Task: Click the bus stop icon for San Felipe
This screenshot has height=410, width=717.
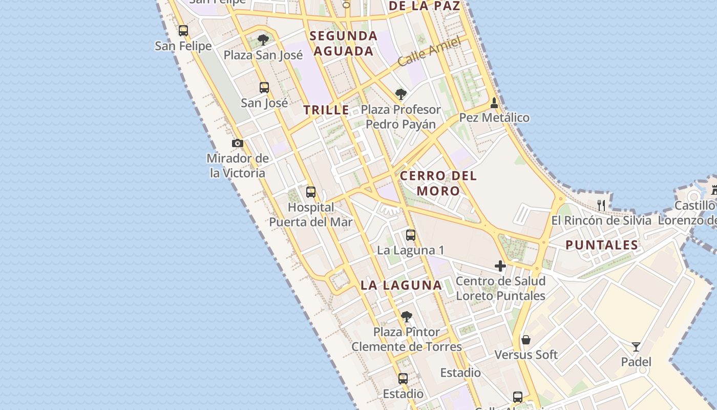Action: [183, 31]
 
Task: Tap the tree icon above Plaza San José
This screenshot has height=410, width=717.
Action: [263, 39]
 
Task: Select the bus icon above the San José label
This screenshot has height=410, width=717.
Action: [264, 88]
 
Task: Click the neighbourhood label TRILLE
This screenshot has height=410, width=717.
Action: [326, 110]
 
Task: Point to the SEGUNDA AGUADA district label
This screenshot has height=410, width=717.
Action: [344, 44]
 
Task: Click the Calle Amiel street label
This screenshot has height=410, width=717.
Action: [429, 52]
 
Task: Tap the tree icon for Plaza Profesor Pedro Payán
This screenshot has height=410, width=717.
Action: [401, 94]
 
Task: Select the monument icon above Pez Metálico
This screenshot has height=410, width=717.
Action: [494, 103]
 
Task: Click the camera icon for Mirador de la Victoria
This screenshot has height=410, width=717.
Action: [237, 143]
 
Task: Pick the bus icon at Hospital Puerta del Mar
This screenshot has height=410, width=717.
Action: [311, 192]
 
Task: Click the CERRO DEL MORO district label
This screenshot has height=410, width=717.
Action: [438, 183]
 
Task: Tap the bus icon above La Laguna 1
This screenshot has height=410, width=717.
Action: [411, 235]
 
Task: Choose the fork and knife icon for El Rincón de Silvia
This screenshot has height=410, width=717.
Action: [601, 206]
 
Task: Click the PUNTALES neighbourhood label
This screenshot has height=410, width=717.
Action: [602, 245]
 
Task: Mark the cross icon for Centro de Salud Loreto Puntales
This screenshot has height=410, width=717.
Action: [500, 266]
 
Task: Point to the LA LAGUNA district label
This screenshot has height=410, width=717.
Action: [401, 285]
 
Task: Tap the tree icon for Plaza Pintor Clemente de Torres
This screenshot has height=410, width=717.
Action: [407, 317]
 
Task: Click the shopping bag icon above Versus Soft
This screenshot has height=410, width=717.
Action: [526, 340]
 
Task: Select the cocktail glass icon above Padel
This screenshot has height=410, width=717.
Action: [636, 347]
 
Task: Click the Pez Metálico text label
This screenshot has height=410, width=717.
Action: [494, 118]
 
